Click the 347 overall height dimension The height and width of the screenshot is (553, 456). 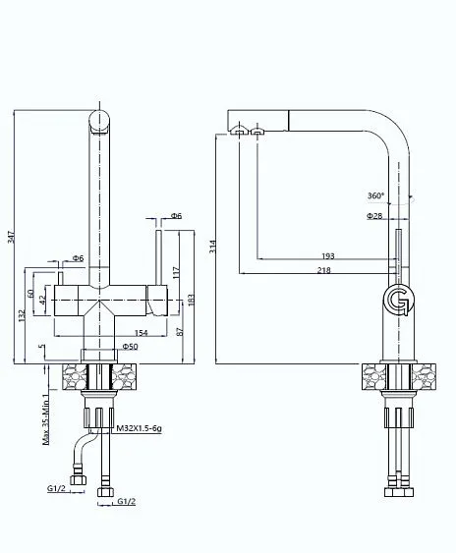tap(10, 237)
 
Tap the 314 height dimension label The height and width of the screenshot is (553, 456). tap(212, 247)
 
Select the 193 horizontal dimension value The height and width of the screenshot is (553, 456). tap(328, 255)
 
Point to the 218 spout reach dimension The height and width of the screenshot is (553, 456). tap(323, 270)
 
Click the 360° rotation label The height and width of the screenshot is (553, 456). tap(375, 195)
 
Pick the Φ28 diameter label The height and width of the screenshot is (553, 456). tap(374, 215)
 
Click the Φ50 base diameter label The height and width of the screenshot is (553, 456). tap(131, 347)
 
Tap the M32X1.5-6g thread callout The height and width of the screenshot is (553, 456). tap(139, 428)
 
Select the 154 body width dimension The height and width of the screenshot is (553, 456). tap(142, 333)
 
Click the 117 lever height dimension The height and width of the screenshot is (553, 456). tap(177, 272)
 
